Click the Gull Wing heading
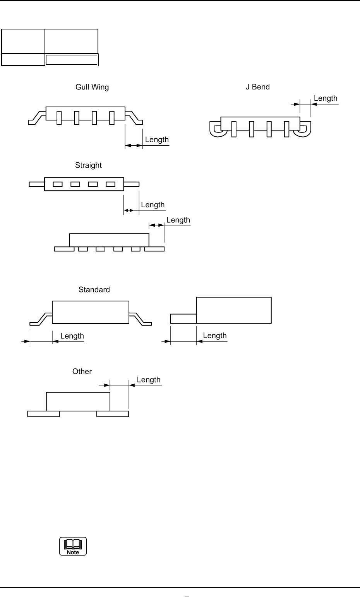tap(92, 87)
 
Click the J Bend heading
tap(257, 87)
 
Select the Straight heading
tap(88, 165)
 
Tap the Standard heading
tap(94, 289)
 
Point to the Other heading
tap(82, 372)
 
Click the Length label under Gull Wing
tap(157, 139)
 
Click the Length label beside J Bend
tap(326, 98)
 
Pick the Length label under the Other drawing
tap(149, 380)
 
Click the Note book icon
tap(73, 546)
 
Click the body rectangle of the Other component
tap(78, 401)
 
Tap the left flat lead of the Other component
tap(43, 414)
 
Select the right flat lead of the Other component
tap(113, 414)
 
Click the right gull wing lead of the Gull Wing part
tap(135, 117)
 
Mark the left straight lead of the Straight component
tap(37, 184)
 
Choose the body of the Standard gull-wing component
tap(90, 312)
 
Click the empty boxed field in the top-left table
tap(72, 60)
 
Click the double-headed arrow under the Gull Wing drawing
tap(134, 145)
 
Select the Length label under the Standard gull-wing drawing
tap(72, 336)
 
